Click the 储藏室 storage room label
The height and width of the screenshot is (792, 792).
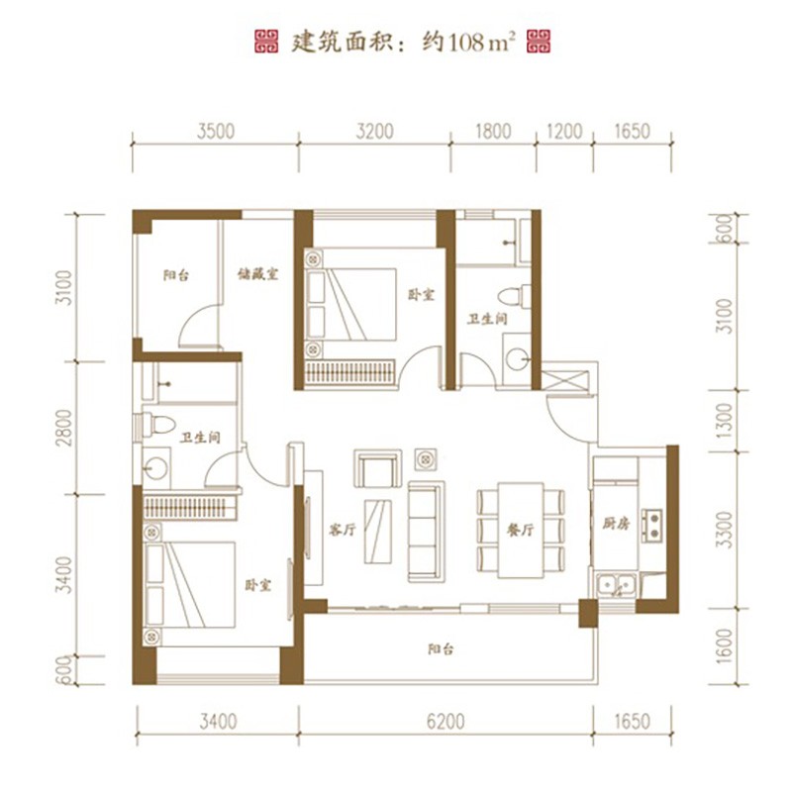coord(258,274)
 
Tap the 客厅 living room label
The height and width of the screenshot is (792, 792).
coord(342,530)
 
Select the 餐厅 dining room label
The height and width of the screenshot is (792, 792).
coord(521,530)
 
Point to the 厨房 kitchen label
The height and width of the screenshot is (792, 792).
coord(616,524)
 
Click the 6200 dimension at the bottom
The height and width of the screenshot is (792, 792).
coord(445,722)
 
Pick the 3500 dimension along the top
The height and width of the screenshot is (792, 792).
coord(216,131)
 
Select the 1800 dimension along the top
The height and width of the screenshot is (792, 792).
coord(493,131)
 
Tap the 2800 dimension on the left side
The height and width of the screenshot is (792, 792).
coord(64,428)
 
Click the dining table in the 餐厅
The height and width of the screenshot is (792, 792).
coord(521,531)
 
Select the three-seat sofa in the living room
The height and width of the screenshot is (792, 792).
coord(427,531)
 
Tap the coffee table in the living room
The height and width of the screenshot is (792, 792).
coord(378,532)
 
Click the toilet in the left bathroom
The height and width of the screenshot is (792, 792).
coord(155,425)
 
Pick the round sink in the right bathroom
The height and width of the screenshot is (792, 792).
coord(517,359)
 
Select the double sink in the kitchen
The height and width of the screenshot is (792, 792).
coord(616,585)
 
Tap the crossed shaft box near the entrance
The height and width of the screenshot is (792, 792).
coord(564,380)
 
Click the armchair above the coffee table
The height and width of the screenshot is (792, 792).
coord(378,468)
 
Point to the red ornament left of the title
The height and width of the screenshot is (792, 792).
coord(266,42)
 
